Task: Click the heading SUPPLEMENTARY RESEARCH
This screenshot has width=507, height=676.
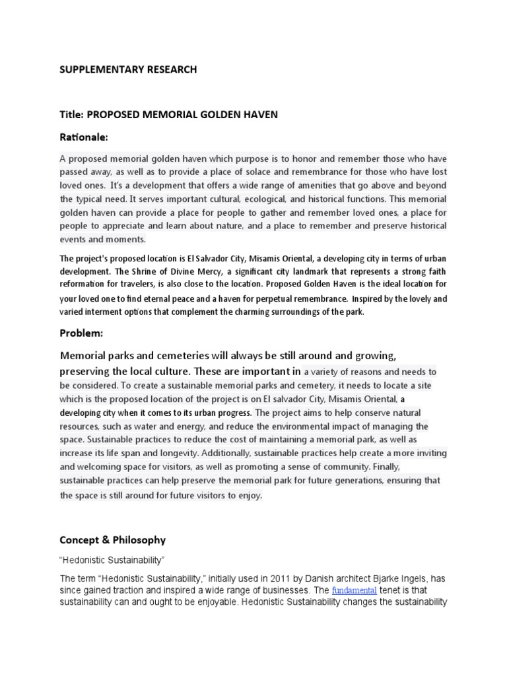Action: [x=128, y=69]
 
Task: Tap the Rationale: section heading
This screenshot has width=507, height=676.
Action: [x=84, y=137]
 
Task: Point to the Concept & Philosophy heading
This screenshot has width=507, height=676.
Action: [x=113, y=539]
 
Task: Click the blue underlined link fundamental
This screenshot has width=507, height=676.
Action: [x=355, y=590]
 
